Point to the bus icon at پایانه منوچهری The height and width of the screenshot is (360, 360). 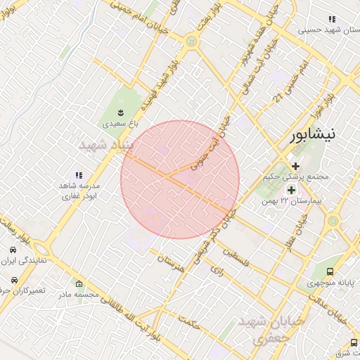coord(330,274)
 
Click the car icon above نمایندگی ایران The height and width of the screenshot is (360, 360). coord(13,250)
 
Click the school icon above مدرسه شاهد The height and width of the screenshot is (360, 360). coord(79,174)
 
